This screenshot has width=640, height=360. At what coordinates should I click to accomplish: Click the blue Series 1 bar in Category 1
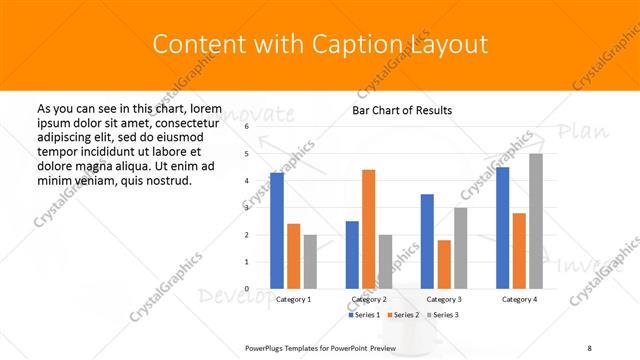point(277,231)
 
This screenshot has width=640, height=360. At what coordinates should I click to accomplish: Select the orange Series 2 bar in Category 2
point(369,229)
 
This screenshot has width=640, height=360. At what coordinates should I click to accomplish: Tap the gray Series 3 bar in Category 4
point(536,221)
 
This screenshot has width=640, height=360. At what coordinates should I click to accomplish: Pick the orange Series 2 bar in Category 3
point(444,264)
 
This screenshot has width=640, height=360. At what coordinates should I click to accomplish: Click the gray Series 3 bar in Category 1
point(310,262)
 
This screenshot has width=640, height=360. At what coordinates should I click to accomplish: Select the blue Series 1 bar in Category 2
point(352,255)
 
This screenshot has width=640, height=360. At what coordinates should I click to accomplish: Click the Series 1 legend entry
point(361,315)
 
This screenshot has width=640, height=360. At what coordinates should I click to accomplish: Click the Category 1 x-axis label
point(293,299)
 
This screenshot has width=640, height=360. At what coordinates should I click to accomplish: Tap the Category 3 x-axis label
point(444,299)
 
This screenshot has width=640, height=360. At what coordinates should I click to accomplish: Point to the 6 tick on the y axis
point(246,127)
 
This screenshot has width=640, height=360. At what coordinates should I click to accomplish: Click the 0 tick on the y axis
point(246,288)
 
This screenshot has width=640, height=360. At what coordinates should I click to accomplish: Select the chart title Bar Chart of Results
point(402,110)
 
